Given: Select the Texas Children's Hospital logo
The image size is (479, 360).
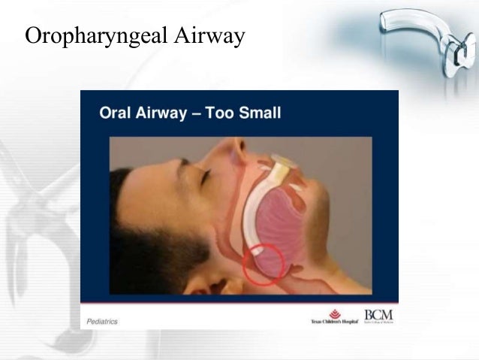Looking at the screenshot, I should pyautogui.click(x=334, y=316).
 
